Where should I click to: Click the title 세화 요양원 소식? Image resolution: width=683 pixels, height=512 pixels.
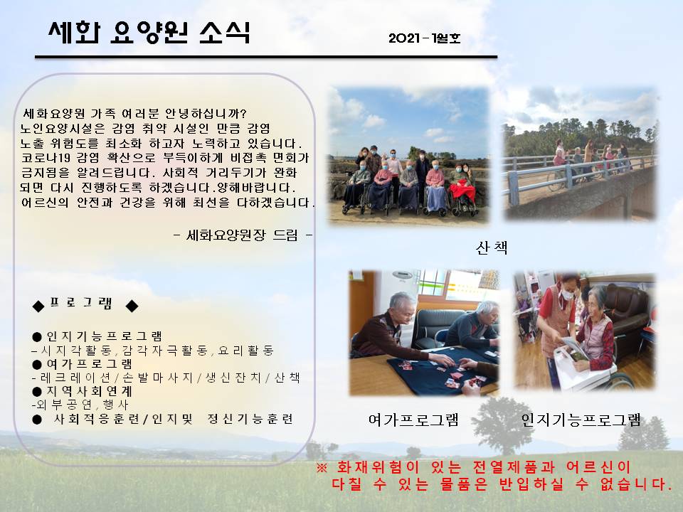tap(149, 32)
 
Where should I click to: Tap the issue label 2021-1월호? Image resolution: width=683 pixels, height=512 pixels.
tap(424, 38)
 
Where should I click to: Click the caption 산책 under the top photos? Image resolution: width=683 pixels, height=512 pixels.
tap(492, 247)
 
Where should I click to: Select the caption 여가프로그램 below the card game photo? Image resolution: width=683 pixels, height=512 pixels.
tap(413, 420)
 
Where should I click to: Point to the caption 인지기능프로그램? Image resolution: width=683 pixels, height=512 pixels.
tap(581, 420)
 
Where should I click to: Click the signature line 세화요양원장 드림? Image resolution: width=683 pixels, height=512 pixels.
tap(242, 235)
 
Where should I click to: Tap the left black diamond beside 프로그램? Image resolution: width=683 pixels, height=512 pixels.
tap(38, 306)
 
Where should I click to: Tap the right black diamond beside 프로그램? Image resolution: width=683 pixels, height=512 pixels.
tap(132, 306)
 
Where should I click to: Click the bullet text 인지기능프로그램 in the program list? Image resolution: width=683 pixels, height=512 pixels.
tap(104, 336)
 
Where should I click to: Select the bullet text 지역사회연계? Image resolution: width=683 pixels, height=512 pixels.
tap(89, 391)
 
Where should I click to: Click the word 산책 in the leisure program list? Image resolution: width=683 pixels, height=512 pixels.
tap(287, 377)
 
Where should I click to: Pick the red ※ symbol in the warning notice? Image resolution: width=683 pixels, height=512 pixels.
tap(322, 468)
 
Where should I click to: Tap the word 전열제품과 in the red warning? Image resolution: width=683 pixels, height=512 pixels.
tap(514, 468)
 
